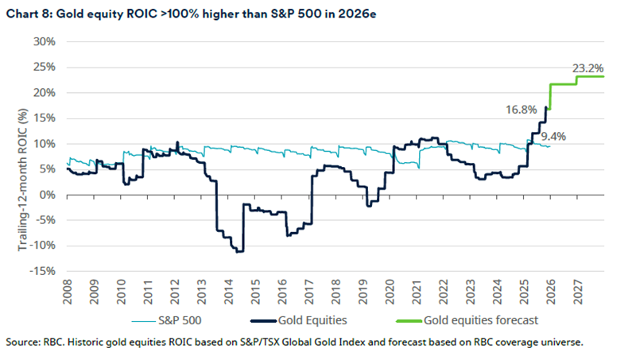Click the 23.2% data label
(x=588, y=68)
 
